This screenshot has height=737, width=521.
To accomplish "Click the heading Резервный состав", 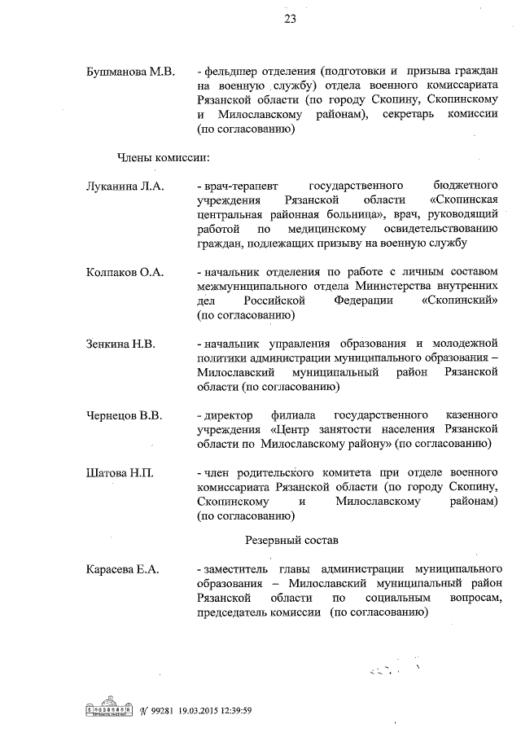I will (x=292, y=540).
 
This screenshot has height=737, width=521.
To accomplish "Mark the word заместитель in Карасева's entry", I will (x=240, y=569).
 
